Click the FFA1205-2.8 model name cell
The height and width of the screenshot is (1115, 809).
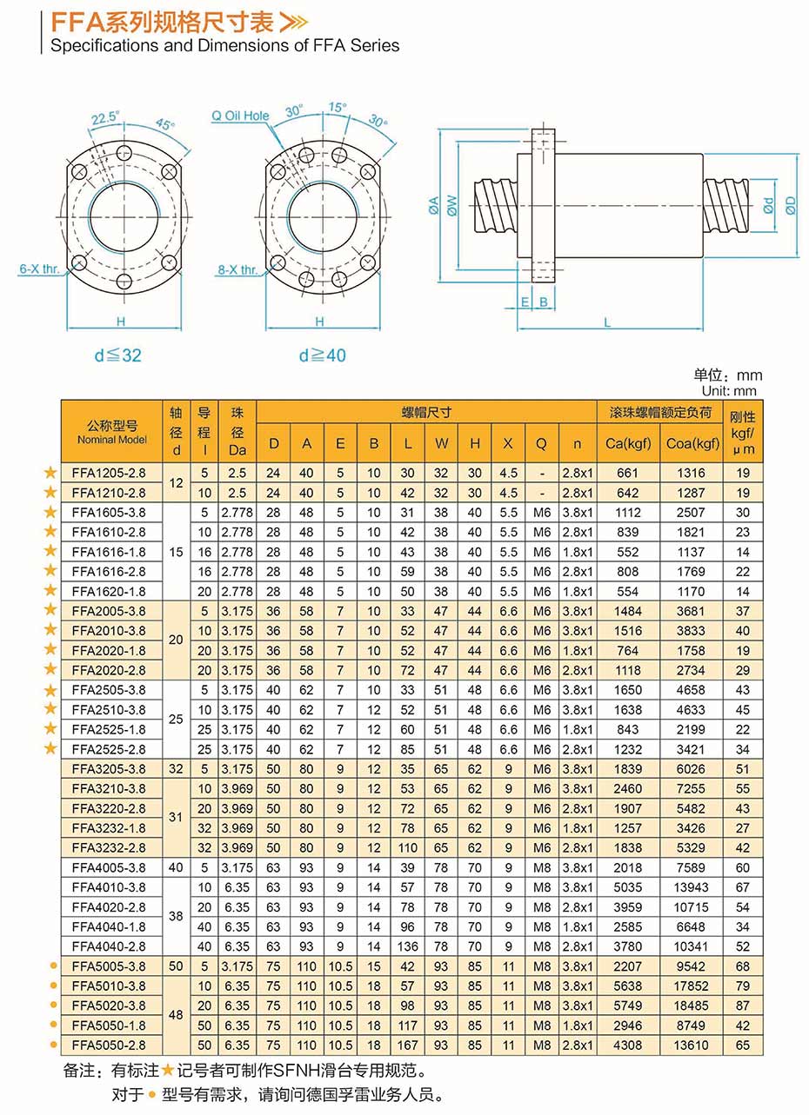click(109, 473)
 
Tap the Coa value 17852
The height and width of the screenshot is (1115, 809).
click(692, 986)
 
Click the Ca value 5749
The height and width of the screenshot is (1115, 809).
click(628, 1005)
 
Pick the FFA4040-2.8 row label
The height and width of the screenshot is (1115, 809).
click(109, 946)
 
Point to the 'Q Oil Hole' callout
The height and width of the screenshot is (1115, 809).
click(241, 116)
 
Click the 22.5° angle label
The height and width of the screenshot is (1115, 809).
click(105, 116)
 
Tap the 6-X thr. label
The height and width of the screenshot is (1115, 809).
click(38, 269)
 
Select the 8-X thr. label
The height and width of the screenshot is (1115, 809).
click(237, 269)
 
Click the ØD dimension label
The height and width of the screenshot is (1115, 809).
click(789, 205)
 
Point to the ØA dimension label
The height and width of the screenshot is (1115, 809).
click(433, 206)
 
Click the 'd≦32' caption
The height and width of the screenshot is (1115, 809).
click(117, 355)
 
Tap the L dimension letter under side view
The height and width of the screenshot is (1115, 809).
click(606, 322)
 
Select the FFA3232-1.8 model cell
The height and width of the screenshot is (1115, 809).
click(109, 827)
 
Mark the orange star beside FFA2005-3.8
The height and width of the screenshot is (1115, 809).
click(50, 610)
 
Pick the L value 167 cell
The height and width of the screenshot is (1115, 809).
click(407, 1045)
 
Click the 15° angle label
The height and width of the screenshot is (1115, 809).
click(335, 108)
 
